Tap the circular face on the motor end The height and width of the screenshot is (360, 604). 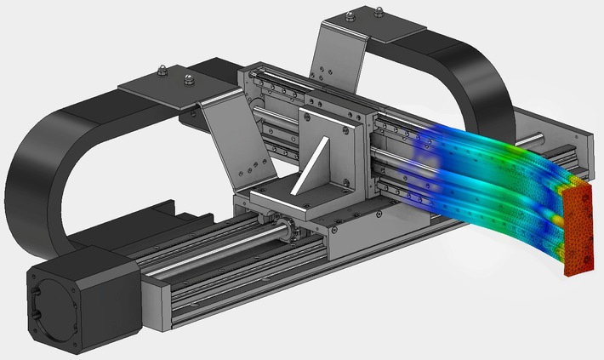click(54, 301)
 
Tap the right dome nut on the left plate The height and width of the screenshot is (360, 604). click(188, 82)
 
